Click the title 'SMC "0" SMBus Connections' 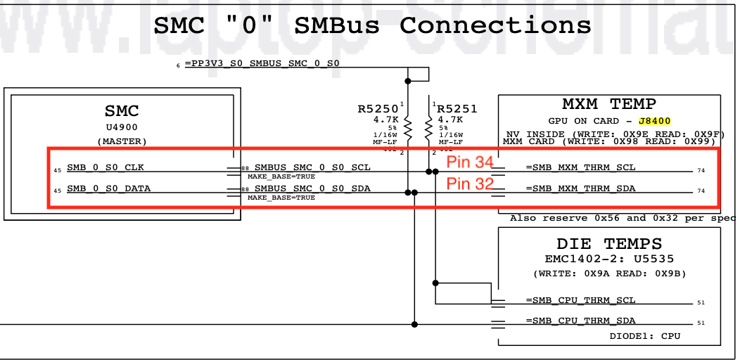point(372,26)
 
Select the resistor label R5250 point(378,109)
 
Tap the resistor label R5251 point(457,109)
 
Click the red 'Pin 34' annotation point(470,162)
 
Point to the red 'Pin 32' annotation point(470,185)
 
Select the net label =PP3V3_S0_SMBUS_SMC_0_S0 point(265,64)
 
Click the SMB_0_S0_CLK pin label point(106,167)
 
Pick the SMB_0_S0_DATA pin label point(108,188)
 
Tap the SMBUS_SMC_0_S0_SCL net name point(312,167)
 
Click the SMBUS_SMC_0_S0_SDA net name point(312,188)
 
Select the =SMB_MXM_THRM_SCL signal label point(580,167)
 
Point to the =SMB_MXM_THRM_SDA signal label point(580,188)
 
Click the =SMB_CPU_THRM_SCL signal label point(580,300)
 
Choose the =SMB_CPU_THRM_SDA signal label point(580,321)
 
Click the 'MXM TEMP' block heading point(609,104)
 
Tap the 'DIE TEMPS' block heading point(609,244)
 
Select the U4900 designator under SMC point(122,127)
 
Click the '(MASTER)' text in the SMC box point(122,141)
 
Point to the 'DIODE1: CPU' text point(645,336)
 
